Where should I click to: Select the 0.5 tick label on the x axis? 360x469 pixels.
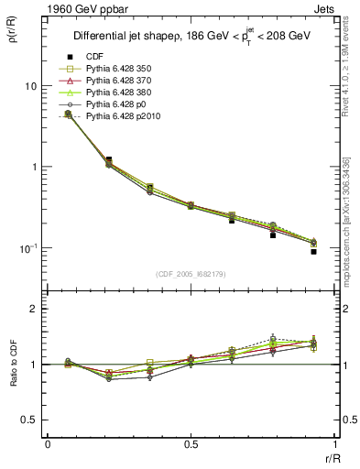tap(191, 444)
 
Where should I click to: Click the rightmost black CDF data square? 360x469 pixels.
tap(312, 251)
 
